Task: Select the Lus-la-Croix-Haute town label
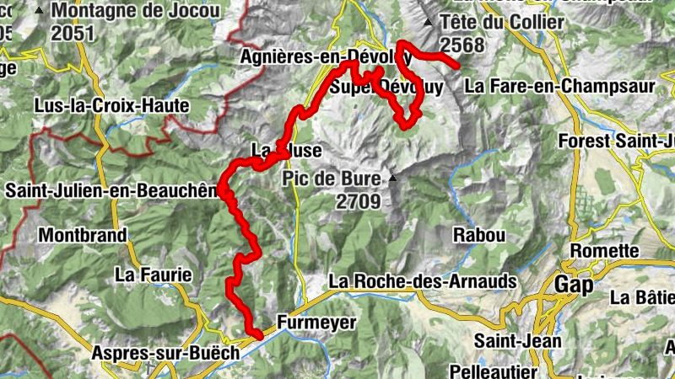point(111,107)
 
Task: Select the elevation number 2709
point(359,201)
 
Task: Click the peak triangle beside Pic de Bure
point(392,179)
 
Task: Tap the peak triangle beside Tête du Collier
point(429,24)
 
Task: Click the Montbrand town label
point(82,234)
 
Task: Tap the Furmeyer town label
point(316,323)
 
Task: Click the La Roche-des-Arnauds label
point(416,281)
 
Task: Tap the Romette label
point(605,251)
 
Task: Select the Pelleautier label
point(494,371)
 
